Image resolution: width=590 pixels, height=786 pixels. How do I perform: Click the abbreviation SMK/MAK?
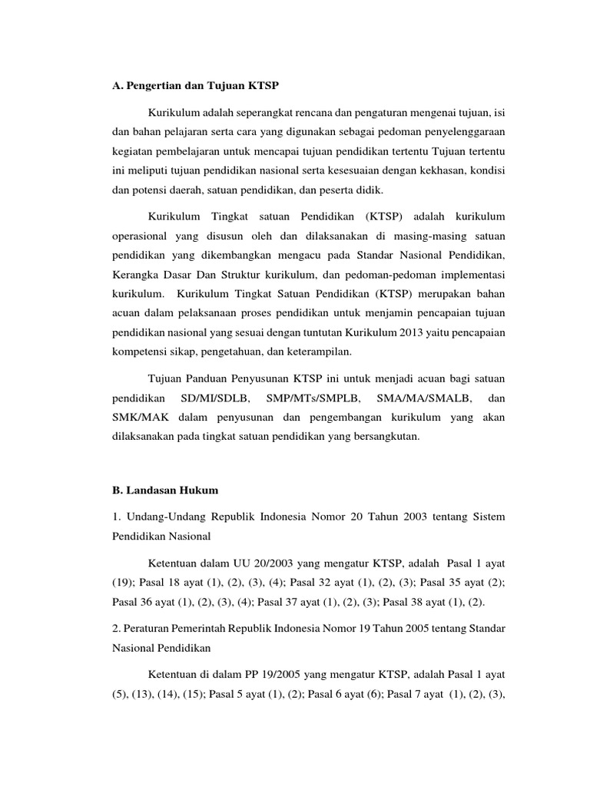(137, 418)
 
